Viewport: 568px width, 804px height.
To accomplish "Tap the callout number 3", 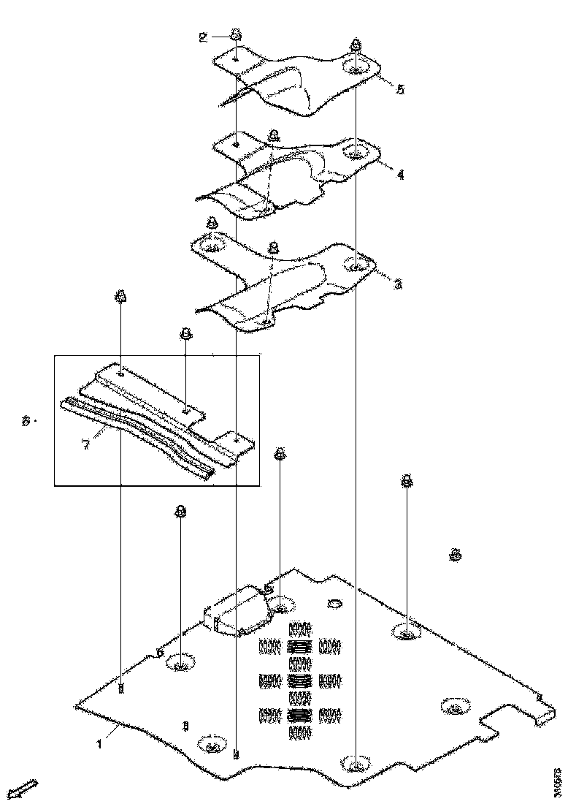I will point(398,284).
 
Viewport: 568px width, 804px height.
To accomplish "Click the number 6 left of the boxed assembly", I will point(26,421).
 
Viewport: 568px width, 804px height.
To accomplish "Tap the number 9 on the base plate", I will point(185,726).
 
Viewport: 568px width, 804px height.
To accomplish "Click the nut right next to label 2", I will point(236,34).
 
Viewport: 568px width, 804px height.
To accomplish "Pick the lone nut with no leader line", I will point(455,555).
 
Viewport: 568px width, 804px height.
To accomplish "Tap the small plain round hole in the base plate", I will point(335,604).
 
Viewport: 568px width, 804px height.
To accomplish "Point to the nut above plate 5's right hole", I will point(355,45).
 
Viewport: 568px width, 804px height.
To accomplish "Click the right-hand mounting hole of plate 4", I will point(356,153).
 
